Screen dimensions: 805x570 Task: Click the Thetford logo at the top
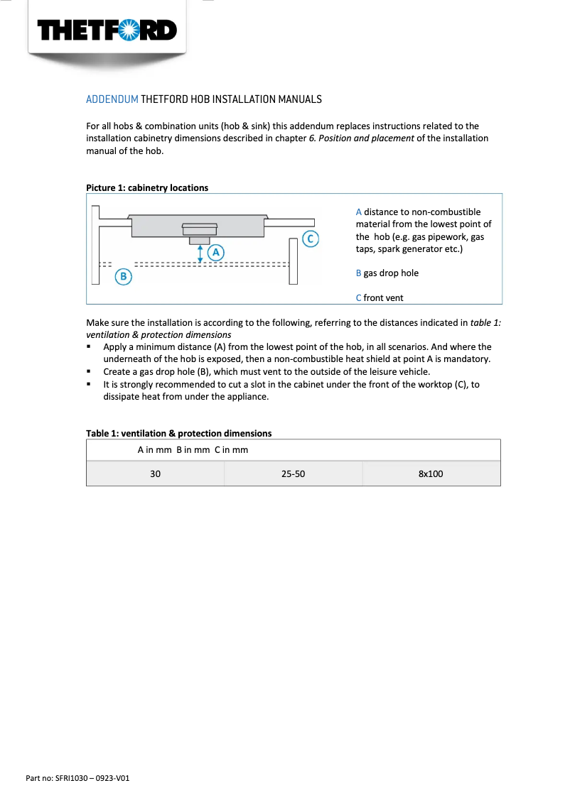point(107,30)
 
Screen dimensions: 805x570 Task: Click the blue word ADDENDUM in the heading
point(112,99)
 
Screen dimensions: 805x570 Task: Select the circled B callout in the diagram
point(124,277)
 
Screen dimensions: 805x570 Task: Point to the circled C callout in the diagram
point(310,239)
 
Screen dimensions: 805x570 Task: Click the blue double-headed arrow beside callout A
point(200,253)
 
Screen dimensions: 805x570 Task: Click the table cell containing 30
point(155,473)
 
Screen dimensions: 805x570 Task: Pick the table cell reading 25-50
point(293,473)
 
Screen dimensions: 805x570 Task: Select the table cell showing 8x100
point(431,473)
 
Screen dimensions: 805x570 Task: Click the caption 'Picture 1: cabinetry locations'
point(147,188)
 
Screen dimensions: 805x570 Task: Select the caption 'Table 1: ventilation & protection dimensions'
point(178,433)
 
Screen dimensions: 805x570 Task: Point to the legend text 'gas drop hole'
point(391,273)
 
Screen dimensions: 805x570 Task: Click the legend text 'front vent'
point(383,298)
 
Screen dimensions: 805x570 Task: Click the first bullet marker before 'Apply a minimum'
point(89,347)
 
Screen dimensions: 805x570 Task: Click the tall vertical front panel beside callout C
point(293,261)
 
